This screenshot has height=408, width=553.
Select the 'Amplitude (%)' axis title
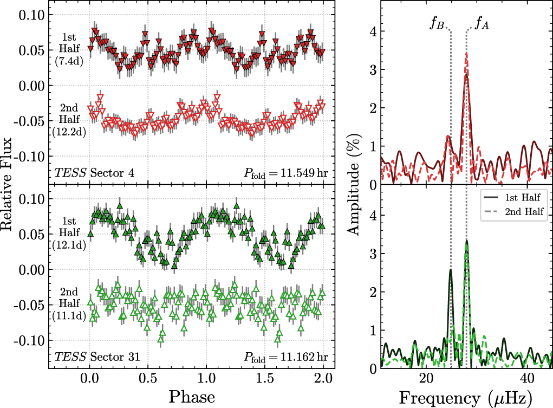click(x=355, y=185)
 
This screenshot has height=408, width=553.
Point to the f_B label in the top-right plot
click(x=437, y=24)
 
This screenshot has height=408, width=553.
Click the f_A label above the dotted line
click(x=482, y=24)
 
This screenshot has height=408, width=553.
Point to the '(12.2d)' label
click(x=68, y=132)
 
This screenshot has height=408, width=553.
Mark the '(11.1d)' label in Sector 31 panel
click(x=68, y=316)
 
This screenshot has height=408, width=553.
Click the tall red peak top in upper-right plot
click(x=466, y=53)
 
